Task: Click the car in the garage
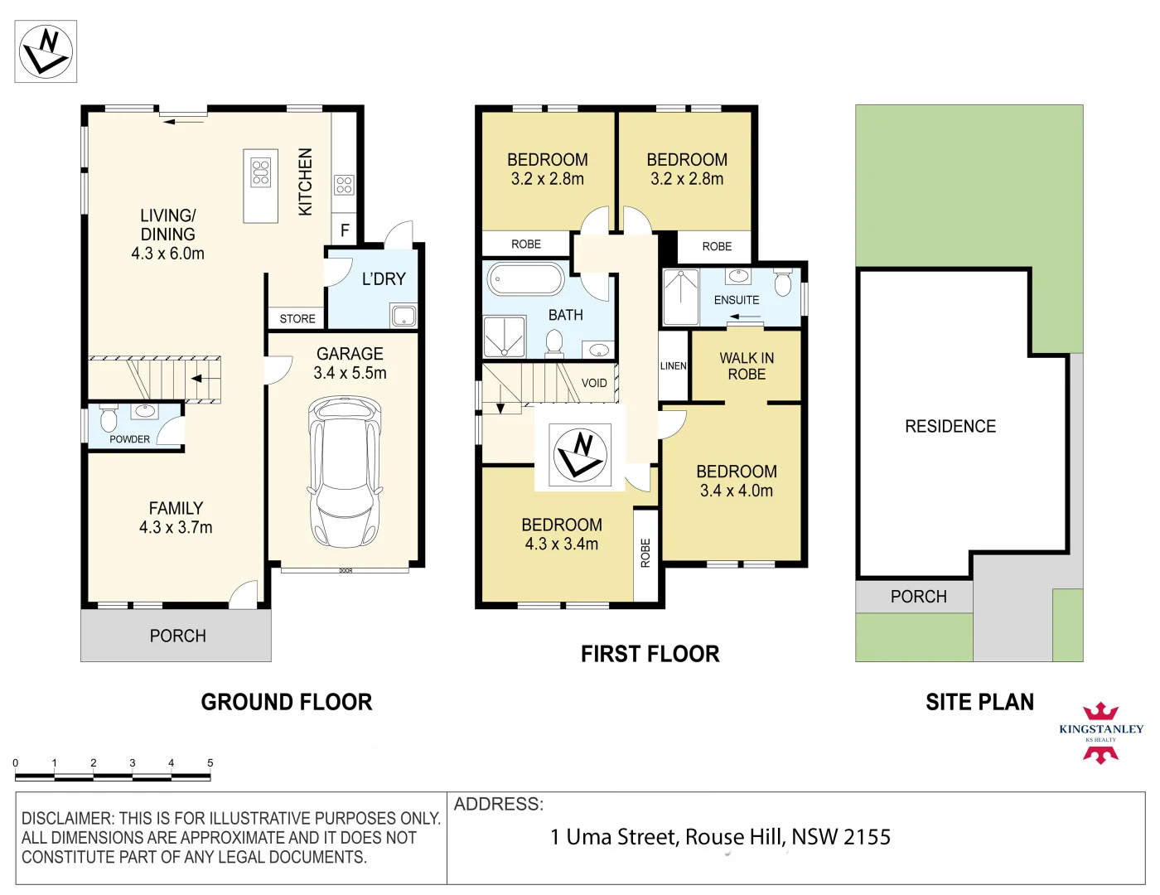(346, 472)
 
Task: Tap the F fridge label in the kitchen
(345, 230)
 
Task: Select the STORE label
(297, 318)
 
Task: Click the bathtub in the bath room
(526, 278)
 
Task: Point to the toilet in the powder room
(109, 419)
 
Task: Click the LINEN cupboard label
(673, 366)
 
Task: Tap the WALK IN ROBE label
(747, 366)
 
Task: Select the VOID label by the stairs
(594, 383)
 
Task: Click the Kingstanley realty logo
(1100, 733)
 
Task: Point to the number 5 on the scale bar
(210, 763)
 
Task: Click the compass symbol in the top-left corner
(46, 51)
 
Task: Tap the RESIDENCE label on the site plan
(950, 427)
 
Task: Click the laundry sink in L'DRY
(404, 316)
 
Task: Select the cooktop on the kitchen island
(260, 173)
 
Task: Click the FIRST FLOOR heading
(650, 655)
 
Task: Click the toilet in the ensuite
(783, 283)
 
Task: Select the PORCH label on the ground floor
(178, 636)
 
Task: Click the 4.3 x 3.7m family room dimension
(176, 527)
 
